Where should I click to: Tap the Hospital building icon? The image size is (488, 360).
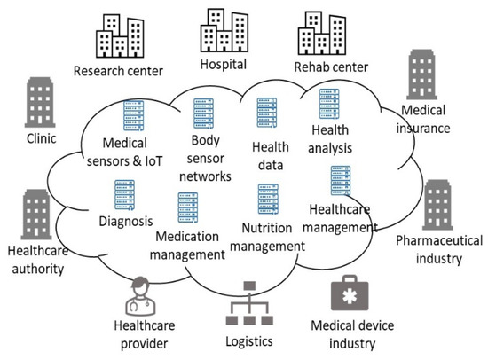click(x=224, y=31)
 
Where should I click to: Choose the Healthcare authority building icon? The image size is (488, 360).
click(x=37, y=213)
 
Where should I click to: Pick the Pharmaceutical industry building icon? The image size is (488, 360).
click(x=437, y=205)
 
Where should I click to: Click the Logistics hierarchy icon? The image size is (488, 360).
click(x=248, y=301)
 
